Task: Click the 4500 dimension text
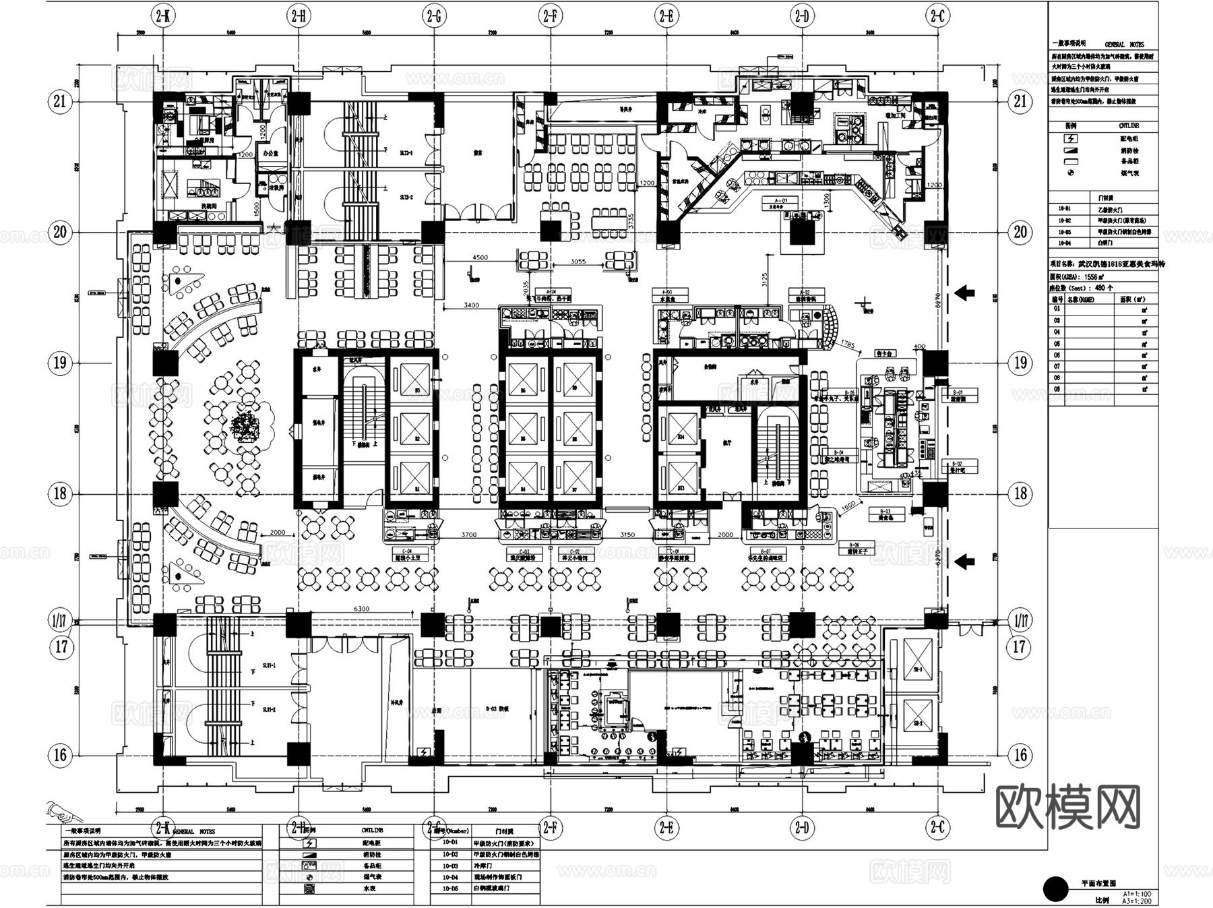480,258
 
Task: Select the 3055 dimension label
578,262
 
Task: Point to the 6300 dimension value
361,609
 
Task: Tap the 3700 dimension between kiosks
468,535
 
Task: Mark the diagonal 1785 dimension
847,344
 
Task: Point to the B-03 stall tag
884,512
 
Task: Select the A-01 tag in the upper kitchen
780,200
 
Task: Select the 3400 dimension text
471,305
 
